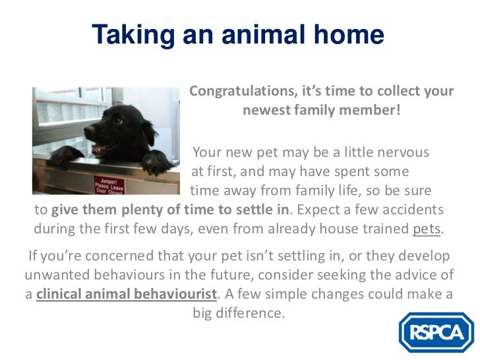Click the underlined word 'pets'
427,230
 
